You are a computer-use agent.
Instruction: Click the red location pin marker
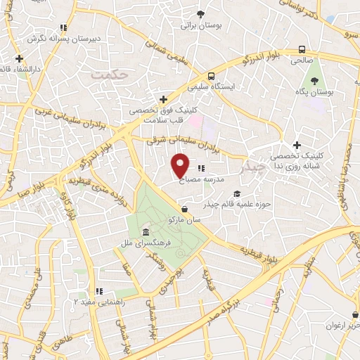click(x=181, y=165)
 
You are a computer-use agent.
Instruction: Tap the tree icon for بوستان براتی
click(x=201, y=14)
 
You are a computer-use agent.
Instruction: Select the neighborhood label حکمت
click(x=112, y=72)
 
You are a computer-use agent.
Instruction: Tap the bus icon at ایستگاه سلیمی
click(x=211, y=77)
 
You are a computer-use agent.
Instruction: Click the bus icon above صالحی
click(x=302, y=50)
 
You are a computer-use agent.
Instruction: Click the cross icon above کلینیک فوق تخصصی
click(x=163, y=99)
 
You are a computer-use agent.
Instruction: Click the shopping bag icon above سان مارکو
click(x=184, y=209)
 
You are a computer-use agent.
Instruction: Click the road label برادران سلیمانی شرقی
click(x=181, y=141)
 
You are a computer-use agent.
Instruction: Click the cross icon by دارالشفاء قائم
click(x=19, y=58)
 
